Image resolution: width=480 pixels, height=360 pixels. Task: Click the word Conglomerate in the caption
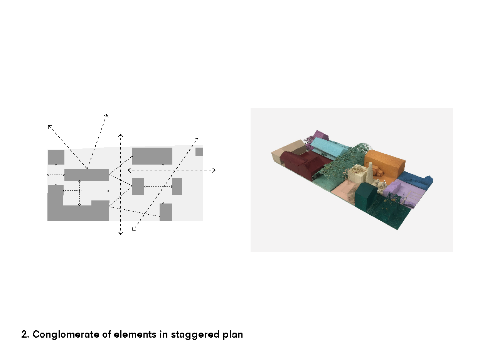click(66, 335)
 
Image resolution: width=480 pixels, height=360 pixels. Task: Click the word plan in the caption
click(233, 335)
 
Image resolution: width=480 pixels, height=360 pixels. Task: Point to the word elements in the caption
click(135, 335)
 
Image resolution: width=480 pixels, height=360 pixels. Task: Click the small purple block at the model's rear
click(320, 136)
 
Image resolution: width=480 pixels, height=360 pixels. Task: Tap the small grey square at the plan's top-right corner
click(199, 152)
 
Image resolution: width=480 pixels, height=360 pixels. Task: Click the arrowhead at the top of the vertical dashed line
click(121, 135)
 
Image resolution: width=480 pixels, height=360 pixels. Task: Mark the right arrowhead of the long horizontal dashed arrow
click(214, 170)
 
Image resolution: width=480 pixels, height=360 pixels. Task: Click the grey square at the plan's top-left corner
click(56, 157)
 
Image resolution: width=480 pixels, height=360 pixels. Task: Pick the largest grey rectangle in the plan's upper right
click(152, 156)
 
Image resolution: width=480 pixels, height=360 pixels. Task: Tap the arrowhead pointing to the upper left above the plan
click(49, 126)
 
